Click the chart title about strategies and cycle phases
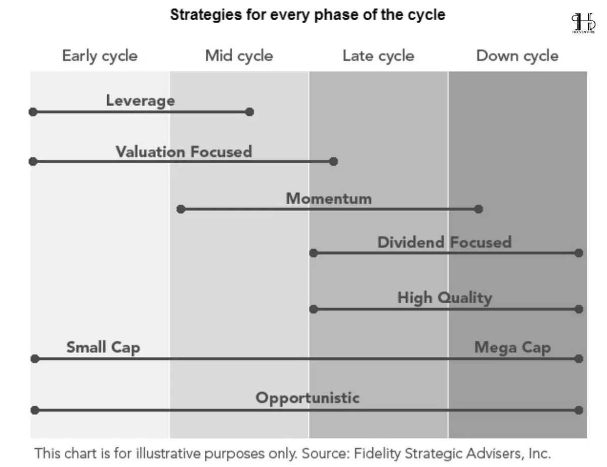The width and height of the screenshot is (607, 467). (x=308, y=15)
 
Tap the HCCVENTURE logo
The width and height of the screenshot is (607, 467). (x=583, y=23)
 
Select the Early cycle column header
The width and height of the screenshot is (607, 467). (x=100, y=56)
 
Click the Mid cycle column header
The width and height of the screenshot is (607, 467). (x=239, y=56)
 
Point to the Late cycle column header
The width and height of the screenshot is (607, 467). (x=378, y=56)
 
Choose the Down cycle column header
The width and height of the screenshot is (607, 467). (x=517, y=56)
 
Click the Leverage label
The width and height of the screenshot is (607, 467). (x=141, y=101)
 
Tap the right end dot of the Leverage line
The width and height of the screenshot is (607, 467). (x=249, y=112)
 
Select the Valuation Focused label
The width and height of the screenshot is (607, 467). (x=184, y=152)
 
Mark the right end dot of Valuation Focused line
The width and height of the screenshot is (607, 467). (x=333, y=161)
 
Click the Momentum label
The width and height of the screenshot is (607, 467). (x=329, y=199)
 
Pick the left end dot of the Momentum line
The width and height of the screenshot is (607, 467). (x=181, y=209)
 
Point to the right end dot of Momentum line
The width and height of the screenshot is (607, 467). (x=479, y=209)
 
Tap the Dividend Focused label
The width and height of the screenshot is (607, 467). (x=445, y=242)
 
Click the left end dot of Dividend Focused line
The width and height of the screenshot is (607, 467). (x=314, y=253)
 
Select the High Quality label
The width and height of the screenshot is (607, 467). (x=445, y=298)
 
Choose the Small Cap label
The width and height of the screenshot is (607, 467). (x=103, y=348)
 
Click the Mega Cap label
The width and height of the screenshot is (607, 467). (x=512, y=348)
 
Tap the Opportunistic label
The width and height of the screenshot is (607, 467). (x=308, y=398)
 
